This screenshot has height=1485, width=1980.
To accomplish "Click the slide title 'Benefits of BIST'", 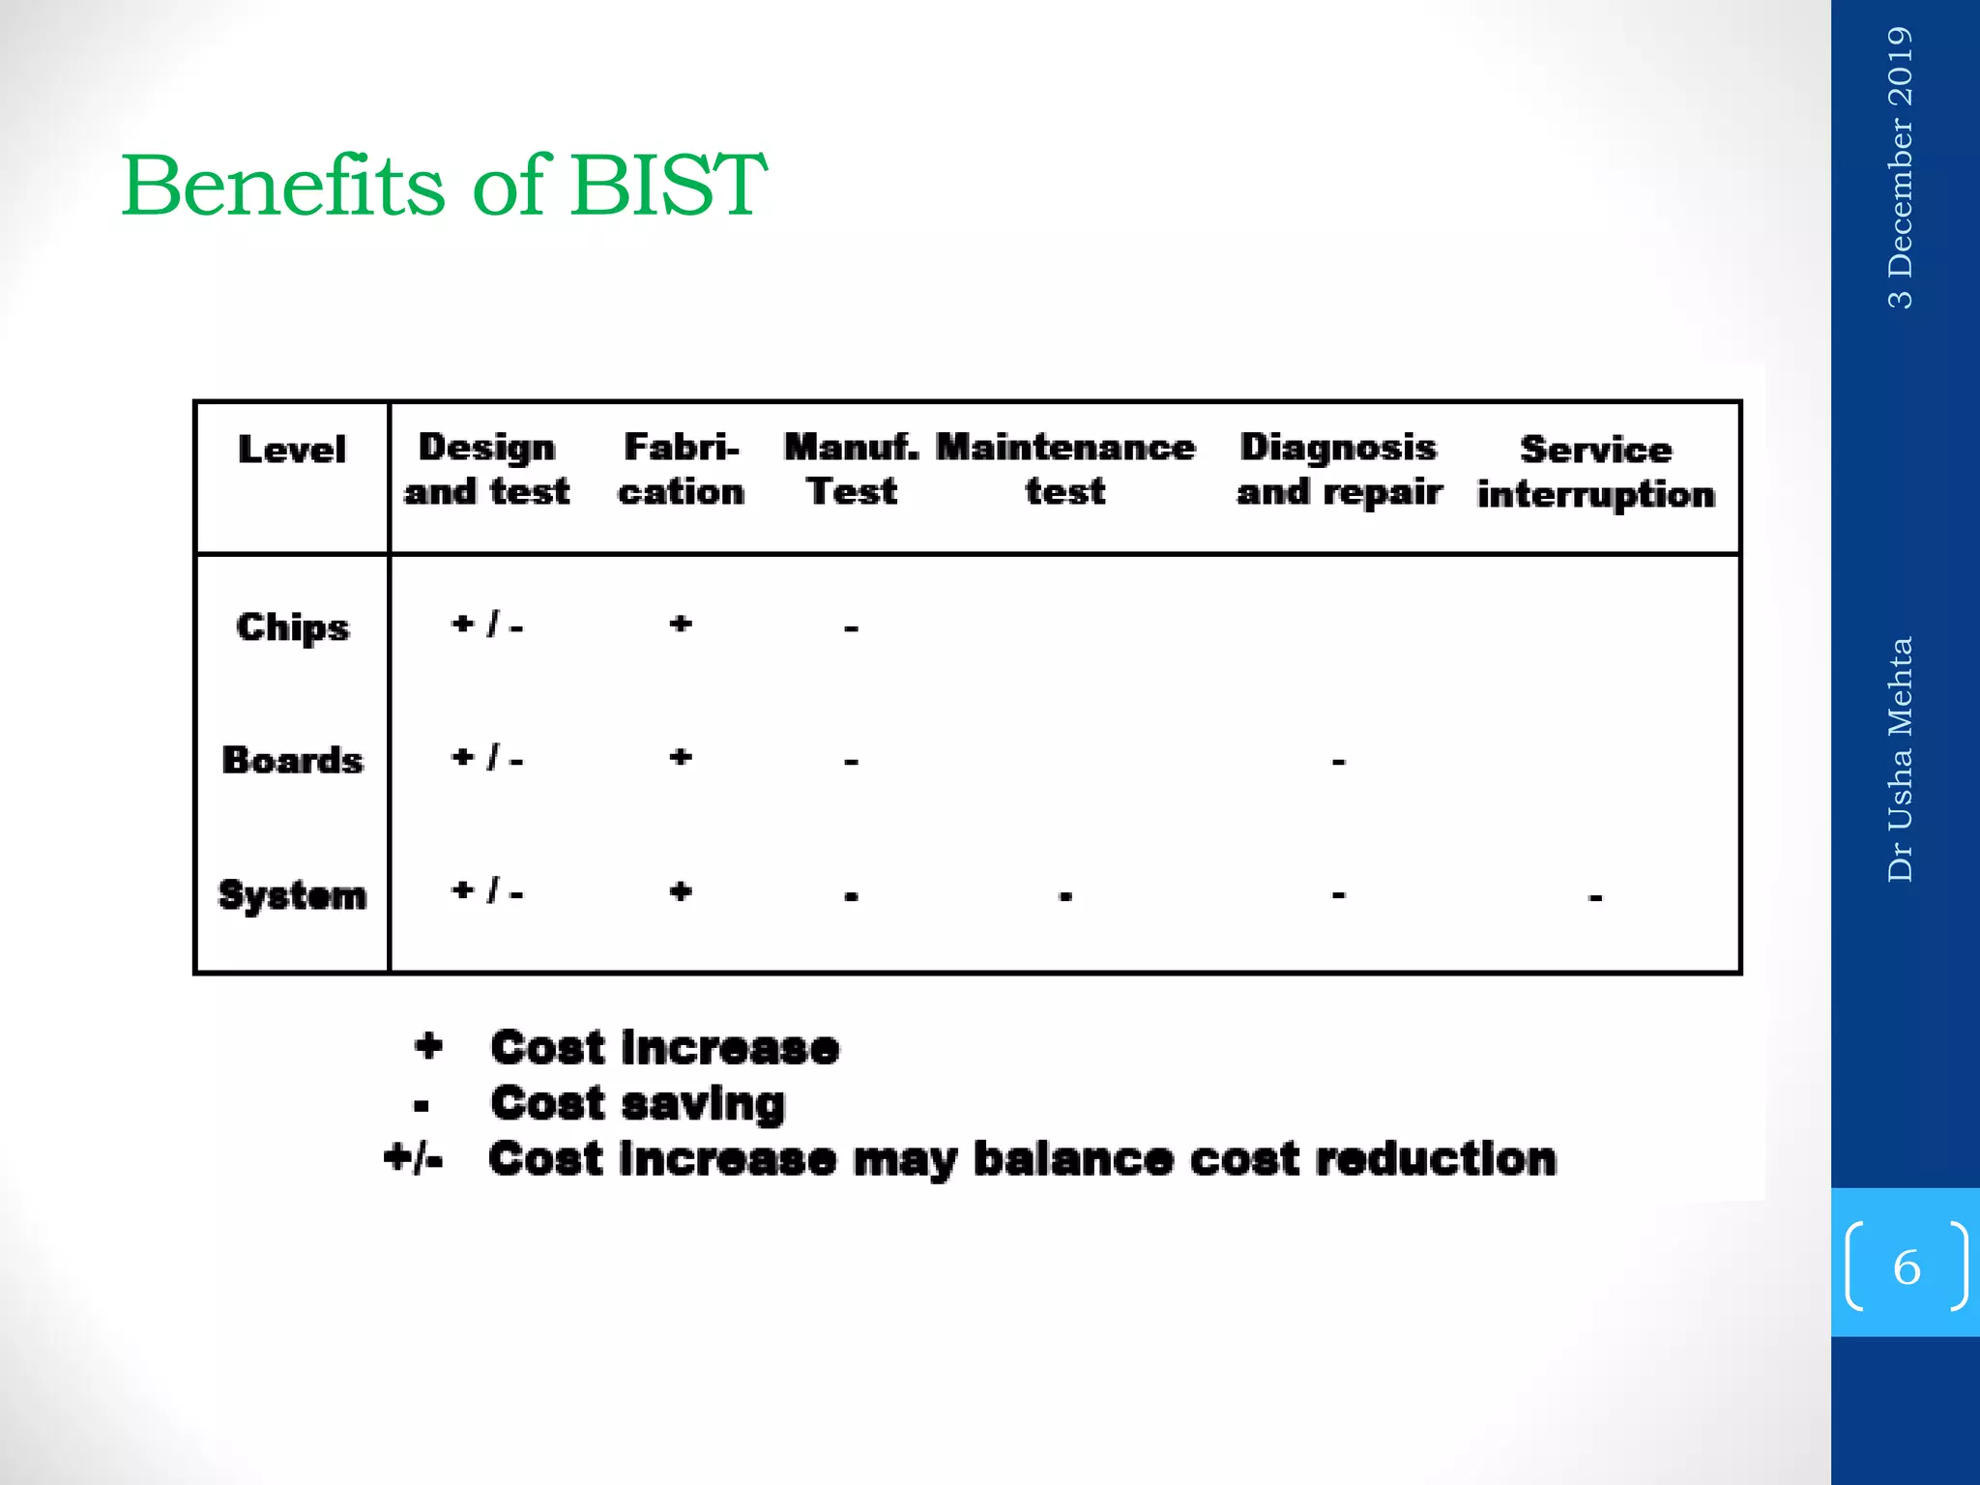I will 444,185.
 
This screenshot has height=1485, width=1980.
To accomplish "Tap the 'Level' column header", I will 291,450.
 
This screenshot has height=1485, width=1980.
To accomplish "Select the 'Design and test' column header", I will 486,470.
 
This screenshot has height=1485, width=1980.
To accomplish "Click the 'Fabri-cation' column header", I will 681,470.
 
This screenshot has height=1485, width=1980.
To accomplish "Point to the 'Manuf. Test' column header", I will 851,470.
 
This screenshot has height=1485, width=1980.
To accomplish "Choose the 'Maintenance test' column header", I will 1065,470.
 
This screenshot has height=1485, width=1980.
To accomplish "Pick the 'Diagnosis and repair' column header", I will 1339,470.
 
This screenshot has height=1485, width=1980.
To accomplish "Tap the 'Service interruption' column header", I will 1596,472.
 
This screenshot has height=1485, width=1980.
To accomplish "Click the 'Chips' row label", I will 292,628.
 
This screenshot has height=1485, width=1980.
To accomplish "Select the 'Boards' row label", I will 292,760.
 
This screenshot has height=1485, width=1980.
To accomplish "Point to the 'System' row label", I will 292,895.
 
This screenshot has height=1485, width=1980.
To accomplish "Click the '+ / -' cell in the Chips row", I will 487,625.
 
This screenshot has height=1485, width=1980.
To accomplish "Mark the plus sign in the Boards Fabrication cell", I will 681,757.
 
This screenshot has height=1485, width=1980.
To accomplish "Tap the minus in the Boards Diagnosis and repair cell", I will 1339,763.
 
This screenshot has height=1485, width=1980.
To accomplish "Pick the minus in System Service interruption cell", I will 1595,898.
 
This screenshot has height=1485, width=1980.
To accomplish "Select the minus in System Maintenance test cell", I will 1065,896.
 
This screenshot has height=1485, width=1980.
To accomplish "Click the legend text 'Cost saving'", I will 637,1104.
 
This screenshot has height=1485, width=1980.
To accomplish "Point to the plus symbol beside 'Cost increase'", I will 428,1046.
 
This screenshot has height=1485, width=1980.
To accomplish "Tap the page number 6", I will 1907,1267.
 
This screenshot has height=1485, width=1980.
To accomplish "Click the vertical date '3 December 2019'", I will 1900,167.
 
